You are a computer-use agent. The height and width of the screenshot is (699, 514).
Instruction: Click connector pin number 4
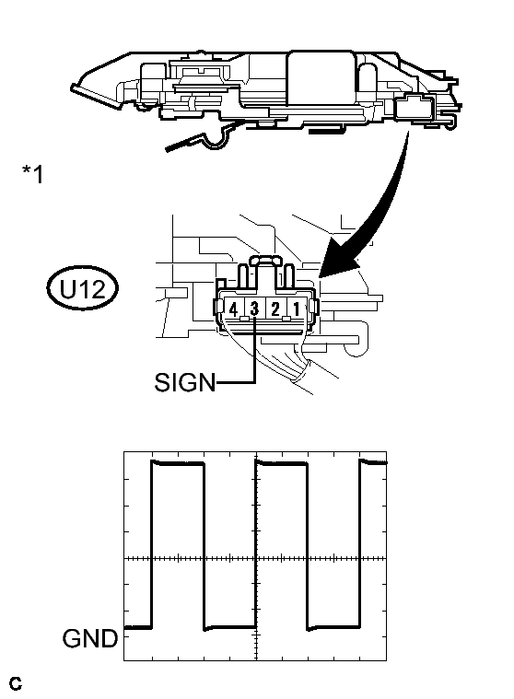(233, 309)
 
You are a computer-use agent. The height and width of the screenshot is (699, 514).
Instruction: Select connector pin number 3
(254, 308)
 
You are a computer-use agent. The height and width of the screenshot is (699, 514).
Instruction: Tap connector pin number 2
(275, 309)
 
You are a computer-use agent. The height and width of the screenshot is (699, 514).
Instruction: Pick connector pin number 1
(296, 309)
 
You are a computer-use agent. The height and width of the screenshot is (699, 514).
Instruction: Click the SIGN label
(184, 382)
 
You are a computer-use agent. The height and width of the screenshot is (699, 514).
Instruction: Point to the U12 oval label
(83, 289)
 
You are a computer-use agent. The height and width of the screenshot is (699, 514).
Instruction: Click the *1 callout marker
(33, 173)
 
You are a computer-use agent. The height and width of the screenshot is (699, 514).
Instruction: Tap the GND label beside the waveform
(89, 638)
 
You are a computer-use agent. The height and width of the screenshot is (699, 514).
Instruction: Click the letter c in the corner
(15, 683)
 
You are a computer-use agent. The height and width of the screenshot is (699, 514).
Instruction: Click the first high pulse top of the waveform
(178, 463)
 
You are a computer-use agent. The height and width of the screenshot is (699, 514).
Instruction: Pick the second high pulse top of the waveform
(282, 463)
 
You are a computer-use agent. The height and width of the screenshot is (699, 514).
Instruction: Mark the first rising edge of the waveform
(152, 545)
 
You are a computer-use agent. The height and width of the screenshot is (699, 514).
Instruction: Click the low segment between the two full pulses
(230, 628)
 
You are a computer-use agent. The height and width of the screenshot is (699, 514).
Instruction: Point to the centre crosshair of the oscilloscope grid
(256, 558)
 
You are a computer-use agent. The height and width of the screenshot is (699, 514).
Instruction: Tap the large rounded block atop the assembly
(321, 79)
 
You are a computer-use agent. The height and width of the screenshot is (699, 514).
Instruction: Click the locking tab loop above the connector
(265, 260)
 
